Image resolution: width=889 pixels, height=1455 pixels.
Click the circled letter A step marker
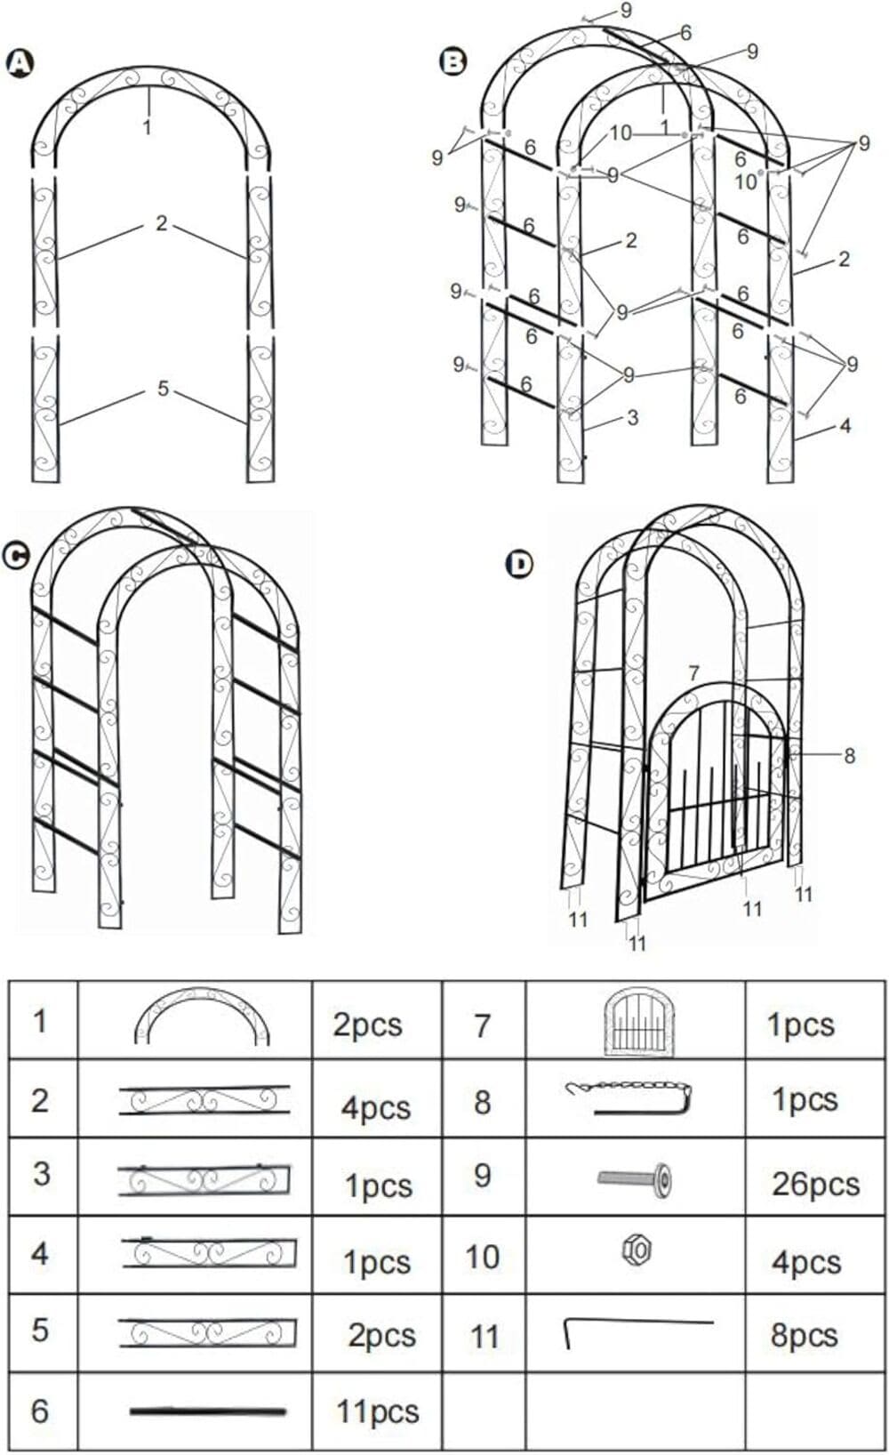[x=20, y=63]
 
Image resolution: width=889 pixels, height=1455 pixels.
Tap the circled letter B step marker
[x=453, y=61]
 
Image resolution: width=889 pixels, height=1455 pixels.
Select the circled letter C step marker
[x=16, y=556]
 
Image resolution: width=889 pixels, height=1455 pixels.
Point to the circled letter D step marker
[x=519, y=564]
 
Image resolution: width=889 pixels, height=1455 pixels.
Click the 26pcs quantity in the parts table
[x=815, y=1184]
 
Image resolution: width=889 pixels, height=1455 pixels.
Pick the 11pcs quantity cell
[x=377, y=1411]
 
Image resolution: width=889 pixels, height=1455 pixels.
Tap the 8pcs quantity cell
[x=804, y=1335]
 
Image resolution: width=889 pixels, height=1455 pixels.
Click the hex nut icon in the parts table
[x=637, y=1250]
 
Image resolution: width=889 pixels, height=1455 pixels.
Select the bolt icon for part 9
[x=635, y=1179]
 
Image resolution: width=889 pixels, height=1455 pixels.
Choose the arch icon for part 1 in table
[x=202, y=1016]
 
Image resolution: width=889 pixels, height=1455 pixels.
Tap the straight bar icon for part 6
[x=207, y=1411]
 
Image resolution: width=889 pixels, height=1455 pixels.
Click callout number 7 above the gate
[x=693, y=673]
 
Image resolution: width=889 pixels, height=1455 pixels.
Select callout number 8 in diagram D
[x=849, y=755]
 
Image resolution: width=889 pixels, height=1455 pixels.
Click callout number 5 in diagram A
[x=163, y=389]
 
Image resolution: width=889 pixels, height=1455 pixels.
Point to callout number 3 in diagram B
[x=632, y=417]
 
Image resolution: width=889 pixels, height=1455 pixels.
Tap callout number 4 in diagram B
[x=845, y=426]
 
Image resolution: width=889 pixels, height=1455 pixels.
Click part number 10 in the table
[x=483, y=1257]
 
